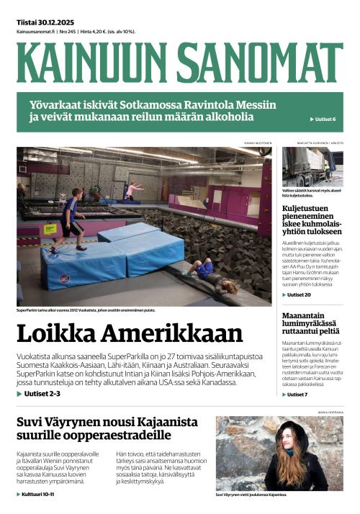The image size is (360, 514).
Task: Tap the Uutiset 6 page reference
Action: pos(324,119)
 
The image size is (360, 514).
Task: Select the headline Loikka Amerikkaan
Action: pos(130,334)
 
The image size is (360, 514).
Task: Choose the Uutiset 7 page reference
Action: pos(296,394)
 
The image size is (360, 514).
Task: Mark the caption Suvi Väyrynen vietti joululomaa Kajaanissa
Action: pos(251,495)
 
